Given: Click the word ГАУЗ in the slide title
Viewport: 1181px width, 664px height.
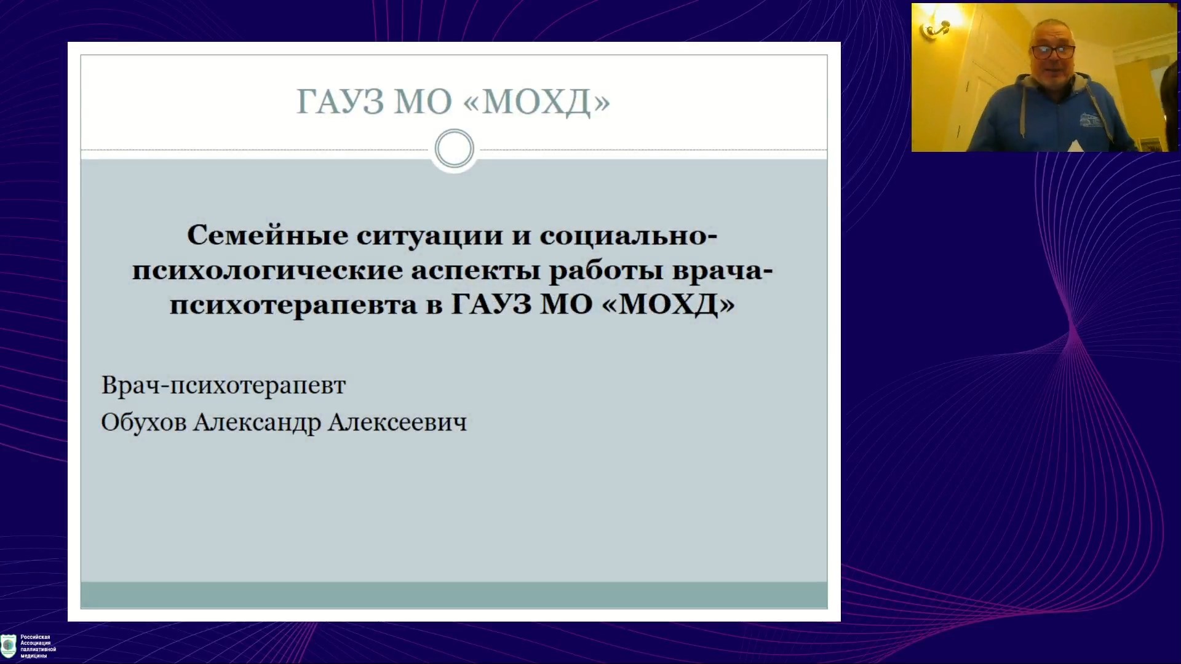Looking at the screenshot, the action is point(340,102).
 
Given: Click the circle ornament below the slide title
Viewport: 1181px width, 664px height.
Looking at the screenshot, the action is point(454,149).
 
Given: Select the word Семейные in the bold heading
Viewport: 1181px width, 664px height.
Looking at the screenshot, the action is point(268,235).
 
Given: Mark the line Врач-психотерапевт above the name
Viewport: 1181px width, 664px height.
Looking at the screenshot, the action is point(223,385).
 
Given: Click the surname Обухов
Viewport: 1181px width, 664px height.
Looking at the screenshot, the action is point(143,422).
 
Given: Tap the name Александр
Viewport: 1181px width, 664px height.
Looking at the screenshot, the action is point(257,422).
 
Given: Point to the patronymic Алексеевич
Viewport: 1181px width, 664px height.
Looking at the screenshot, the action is point(397,422).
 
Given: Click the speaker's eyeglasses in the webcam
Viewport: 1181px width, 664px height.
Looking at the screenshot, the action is point(1052,52).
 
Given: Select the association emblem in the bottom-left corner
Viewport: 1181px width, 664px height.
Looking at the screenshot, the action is point(9,646).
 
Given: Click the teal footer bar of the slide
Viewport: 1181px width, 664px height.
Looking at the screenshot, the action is point(454,595).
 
